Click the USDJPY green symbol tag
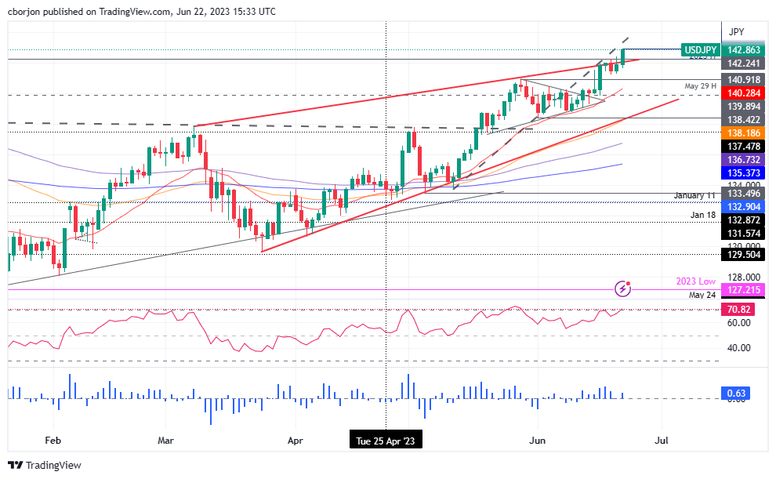(699, 49)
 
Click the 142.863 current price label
(743, 49)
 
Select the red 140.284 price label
(743, 93)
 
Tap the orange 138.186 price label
(743, 134)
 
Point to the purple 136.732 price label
(743, 159)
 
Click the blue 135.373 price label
(743, 172)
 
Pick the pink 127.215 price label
(743, 289)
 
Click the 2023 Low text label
(695, 280)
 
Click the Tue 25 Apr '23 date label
(386, 441)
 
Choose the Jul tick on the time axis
(662, 441)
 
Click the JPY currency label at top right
(736, 32)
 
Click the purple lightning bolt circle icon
(622, 288)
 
